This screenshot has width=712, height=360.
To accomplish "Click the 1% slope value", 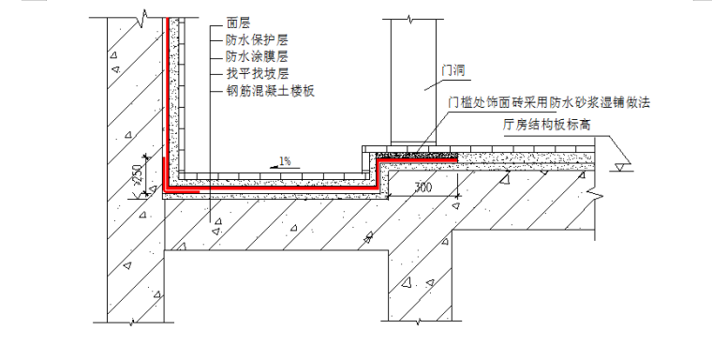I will click(x=284, y=160).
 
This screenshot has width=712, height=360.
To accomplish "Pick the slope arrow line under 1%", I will click(x=284, y=168).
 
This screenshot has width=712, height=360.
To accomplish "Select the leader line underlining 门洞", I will click(x=453, y=83).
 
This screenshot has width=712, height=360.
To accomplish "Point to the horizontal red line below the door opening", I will click(x=416, y=162).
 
